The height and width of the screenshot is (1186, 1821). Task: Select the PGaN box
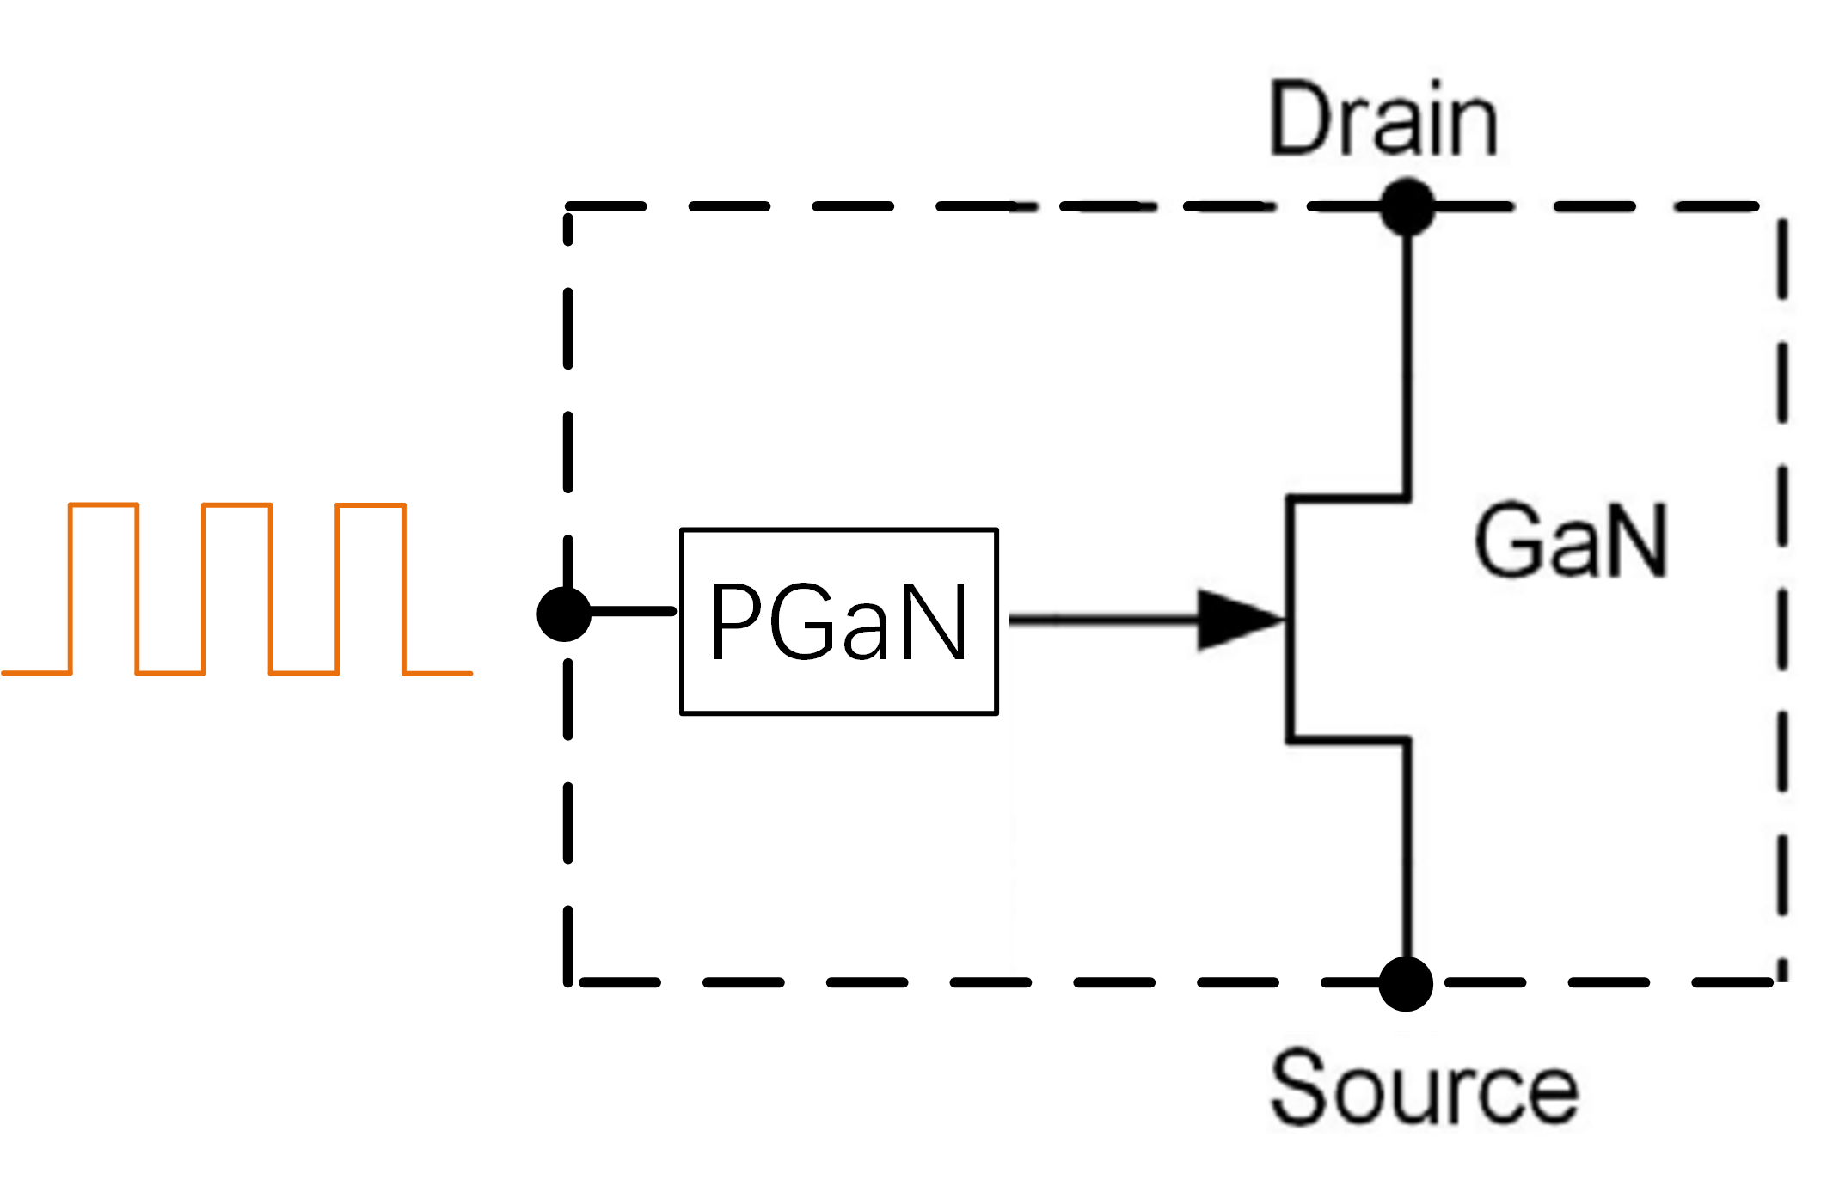pos(838,621)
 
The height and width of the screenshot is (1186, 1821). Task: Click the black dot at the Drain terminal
pos(1407,206)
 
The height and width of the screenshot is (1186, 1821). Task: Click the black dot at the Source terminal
pos(1405,983)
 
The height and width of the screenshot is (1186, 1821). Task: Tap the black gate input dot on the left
pos(564,614)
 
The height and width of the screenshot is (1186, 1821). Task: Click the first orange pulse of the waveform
pos(103,584)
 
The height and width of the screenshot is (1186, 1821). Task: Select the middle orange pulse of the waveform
pos(237,584)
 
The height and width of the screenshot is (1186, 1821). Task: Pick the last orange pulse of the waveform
pos(371,584)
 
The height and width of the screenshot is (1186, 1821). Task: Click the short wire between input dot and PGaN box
pos(632,612)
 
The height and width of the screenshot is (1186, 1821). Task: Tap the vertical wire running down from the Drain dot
pos(1407,361)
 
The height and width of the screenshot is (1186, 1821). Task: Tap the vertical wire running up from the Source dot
pos(1407,851)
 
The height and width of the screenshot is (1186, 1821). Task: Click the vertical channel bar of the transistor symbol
pos(1290,619)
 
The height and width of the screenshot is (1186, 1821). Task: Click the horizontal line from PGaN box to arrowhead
pos(1101,619)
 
